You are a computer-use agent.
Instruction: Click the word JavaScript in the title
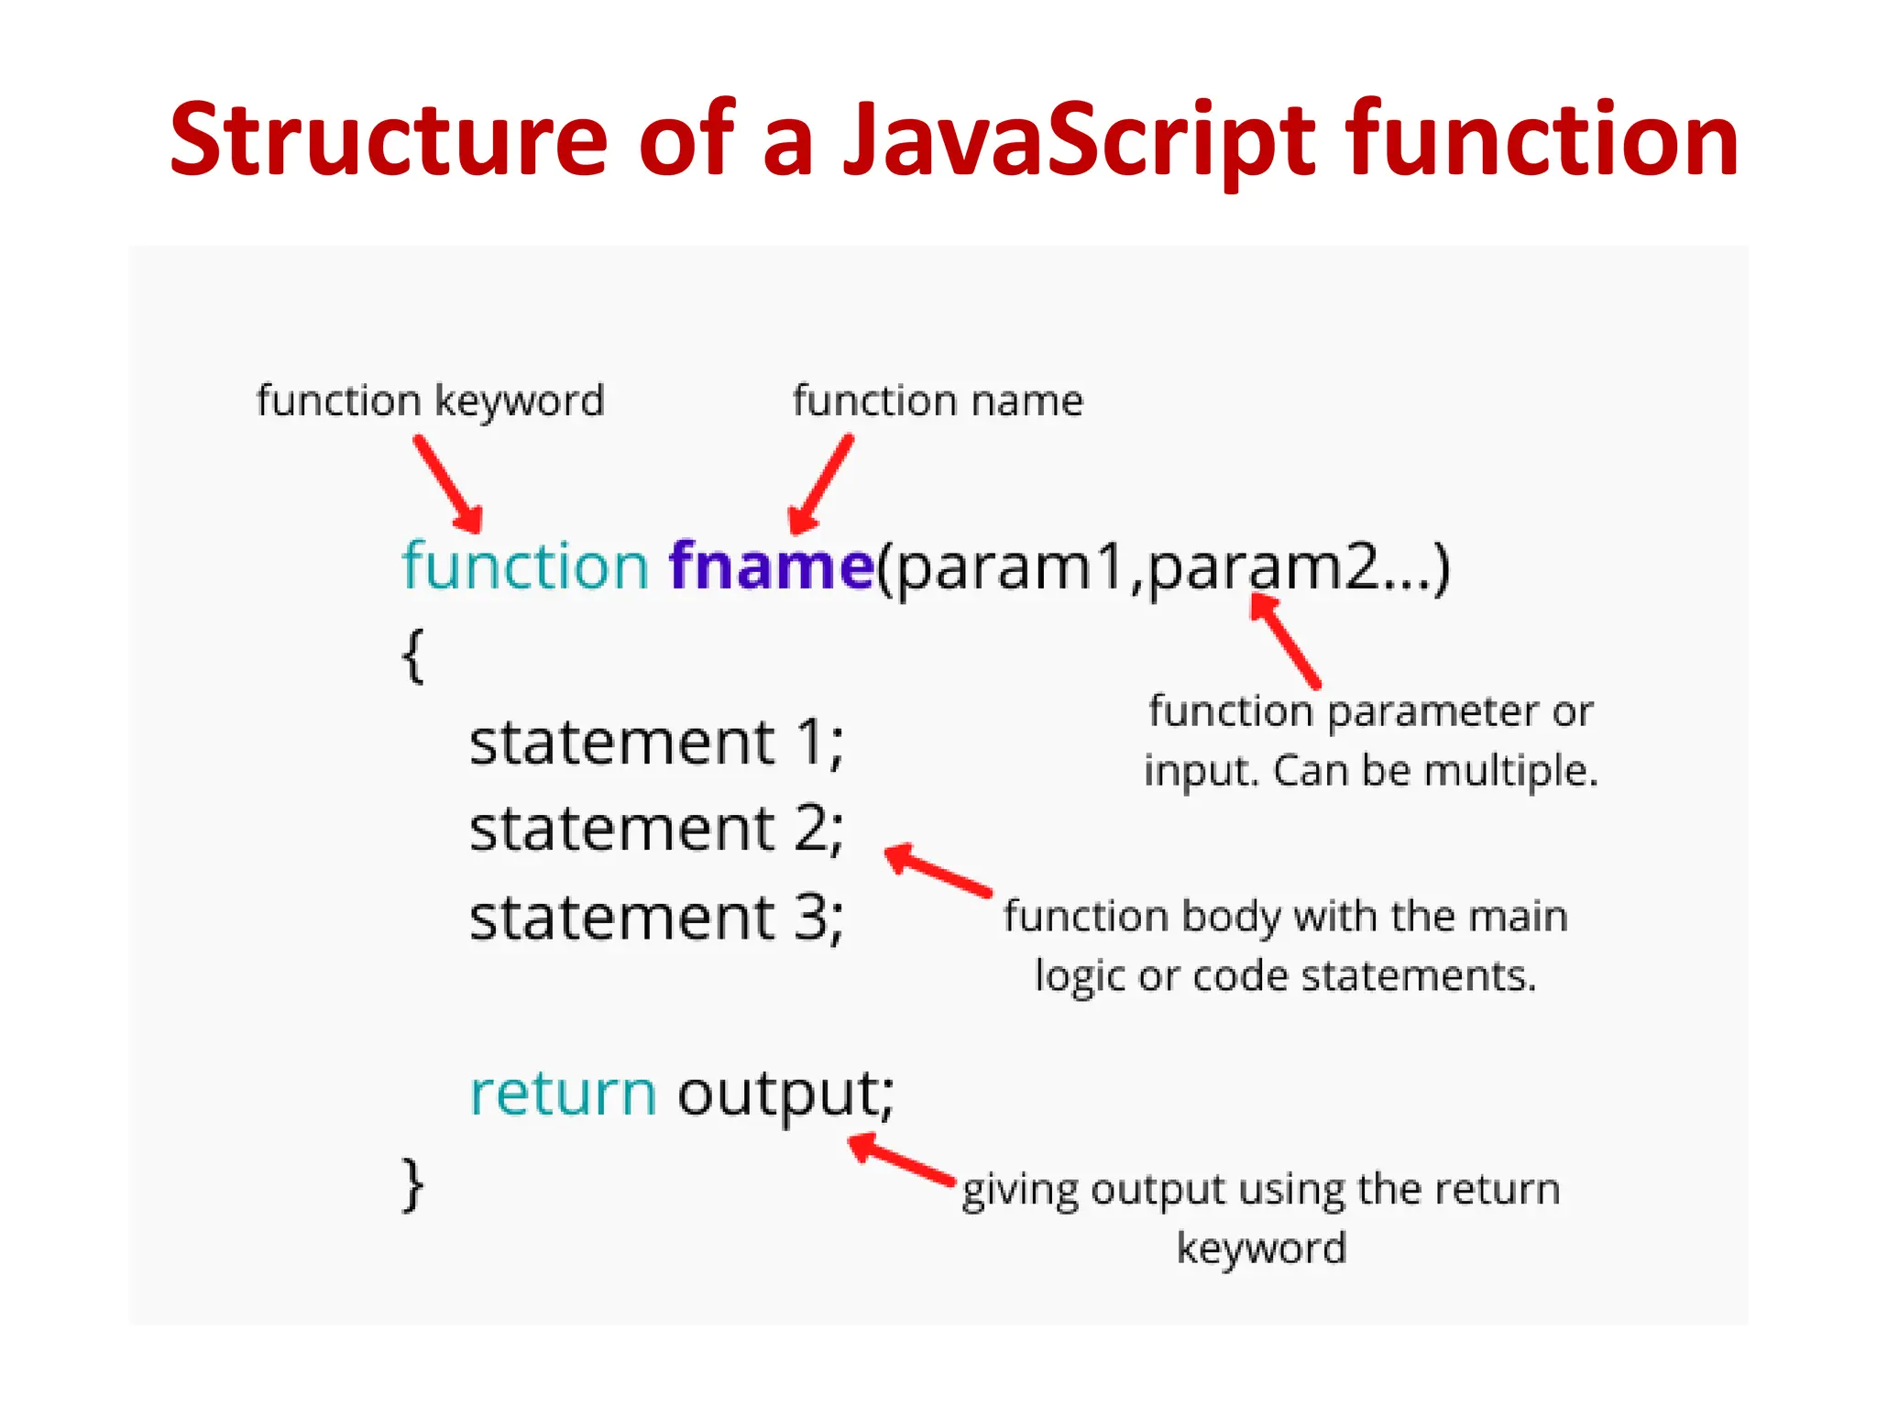tap(1080, 140)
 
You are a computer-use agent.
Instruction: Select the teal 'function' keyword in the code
tap(525, 566)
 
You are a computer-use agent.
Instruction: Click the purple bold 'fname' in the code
tap(771, 566)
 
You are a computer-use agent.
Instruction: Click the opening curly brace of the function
tap(413, 654)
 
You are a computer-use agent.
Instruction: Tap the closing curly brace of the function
tap(413, 1184)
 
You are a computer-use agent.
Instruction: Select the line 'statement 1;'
tap(656, 742)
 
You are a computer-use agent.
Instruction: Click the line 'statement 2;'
tap(656, 830)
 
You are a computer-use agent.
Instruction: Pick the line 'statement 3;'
tap(656, 918)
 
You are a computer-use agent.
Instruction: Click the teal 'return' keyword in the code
tap(563, 1094)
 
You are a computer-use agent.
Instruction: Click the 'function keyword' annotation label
tap(431, 401)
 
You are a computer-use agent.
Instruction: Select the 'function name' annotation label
tap(938, 401)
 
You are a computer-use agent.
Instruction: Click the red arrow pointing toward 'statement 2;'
tap(938, 870)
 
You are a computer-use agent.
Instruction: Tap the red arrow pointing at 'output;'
tap(902, 1160)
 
